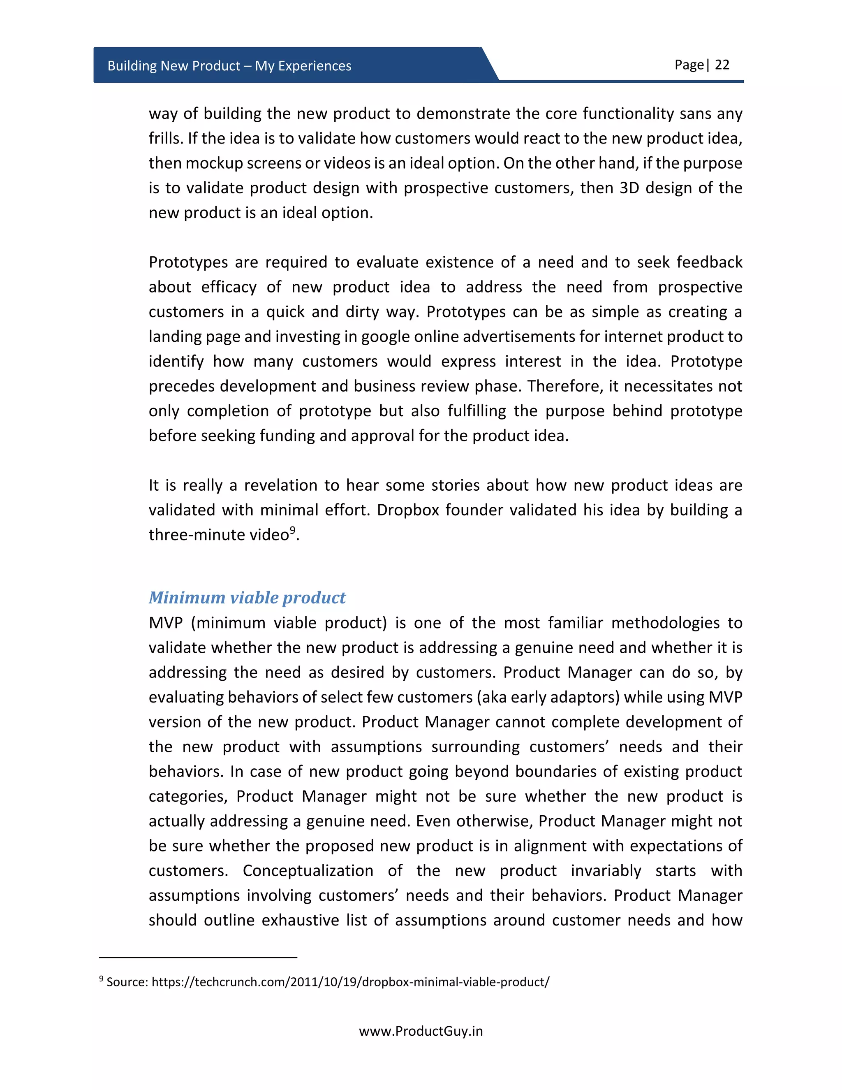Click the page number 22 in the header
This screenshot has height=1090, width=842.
click(722, 65)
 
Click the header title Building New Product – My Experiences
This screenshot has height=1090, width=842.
click(229, 66)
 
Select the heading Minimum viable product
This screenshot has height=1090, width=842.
click(247, 597)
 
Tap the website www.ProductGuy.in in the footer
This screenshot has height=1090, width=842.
click(421, 1031)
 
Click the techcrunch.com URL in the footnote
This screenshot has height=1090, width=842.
click(350, 982)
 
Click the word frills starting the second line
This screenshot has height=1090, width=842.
click(166, 138)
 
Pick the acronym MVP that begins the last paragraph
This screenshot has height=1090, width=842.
click(166, 623)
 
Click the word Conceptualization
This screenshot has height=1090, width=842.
click(308, 871)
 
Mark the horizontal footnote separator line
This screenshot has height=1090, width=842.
click(198, 957)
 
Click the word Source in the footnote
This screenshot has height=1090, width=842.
click(127, 982)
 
